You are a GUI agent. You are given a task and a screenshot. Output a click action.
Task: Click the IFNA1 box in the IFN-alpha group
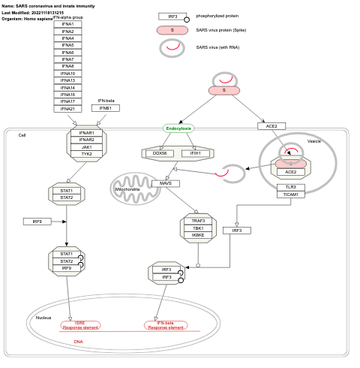[67, 24]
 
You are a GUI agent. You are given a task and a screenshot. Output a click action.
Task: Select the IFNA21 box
[67, 109]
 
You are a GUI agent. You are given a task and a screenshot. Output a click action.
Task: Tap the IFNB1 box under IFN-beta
[105, 108]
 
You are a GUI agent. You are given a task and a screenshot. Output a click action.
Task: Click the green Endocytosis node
[178, 128]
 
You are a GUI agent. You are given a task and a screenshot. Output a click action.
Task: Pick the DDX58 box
[160, 153]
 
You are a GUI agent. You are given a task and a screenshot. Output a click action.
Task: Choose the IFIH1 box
[196, 153]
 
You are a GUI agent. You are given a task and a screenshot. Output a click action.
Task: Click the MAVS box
[166, 183]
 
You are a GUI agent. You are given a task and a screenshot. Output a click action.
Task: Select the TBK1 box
[198, 228]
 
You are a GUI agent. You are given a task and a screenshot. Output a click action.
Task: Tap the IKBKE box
[198, 235]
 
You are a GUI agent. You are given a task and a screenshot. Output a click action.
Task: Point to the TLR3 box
[290, 187]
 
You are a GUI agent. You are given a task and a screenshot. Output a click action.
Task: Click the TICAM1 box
[290, 194]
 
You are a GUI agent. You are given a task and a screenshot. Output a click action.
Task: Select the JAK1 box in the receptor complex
[87, 147]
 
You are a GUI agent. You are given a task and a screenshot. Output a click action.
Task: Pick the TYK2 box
[87, 154]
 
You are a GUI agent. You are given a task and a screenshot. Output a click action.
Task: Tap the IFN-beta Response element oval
[166, 325]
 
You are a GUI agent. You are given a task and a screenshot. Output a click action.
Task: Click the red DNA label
[79, 342]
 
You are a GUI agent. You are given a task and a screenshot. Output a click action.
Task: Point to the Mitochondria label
[127, 189]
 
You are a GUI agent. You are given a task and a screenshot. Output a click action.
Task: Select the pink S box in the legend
[172, 30]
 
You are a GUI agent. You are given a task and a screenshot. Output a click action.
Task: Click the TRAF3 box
[198, 221]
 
